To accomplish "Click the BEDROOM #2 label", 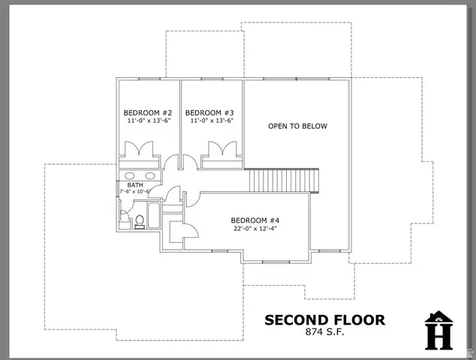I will coord(148,112).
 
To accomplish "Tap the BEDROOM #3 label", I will coord(211,112).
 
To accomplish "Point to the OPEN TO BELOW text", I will coord(297,126).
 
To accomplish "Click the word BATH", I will coord(135,184).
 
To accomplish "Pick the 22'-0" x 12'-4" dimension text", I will coord(255,229).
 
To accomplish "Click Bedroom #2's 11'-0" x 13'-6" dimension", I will coord(148,121).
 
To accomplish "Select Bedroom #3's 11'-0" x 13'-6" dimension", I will coord(211,121).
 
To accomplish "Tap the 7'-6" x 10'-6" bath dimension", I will coord(135,192).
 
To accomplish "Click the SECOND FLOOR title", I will coord(324,320).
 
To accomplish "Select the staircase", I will coord(284,180).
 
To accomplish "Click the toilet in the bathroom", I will coord(138,220).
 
